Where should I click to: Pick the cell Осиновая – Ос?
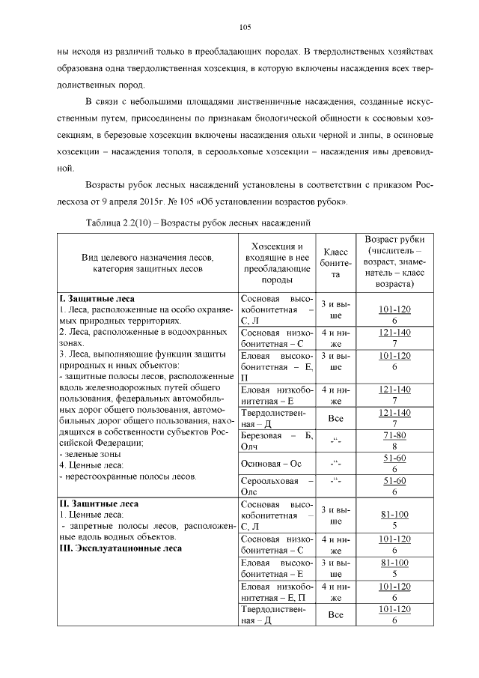(x=270, y=464)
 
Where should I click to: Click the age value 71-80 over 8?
(x=394, y=440)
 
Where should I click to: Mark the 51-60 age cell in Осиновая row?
(x=394, y=463)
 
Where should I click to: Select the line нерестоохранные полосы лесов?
(x=127, y=476)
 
